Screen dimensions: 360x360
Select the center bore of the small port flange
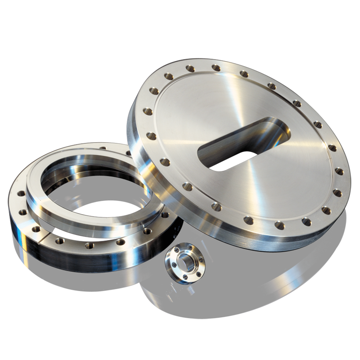pos(184,260)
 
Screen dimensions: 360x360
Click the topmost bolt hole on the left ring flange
pos(103,148)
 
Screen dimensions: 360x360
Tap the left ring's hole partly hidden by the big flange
pos(128,153)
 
